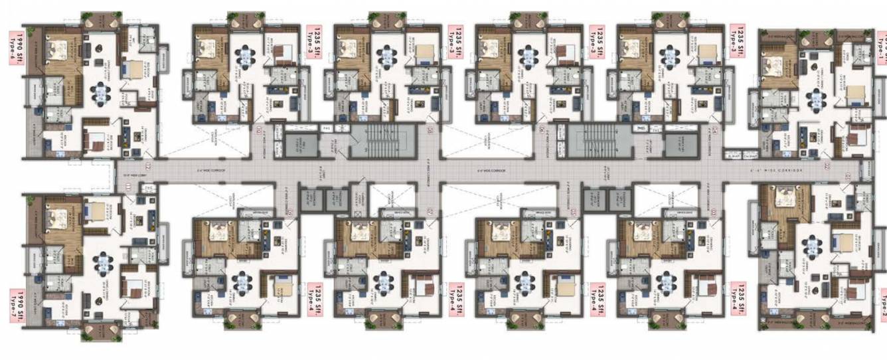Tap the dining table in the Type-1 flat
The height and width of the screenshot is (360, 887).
point(813,100)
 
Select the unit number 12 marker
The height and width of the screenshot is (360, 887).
point(147,163)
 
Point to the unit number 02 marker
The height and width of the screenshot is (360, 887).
point(845,163)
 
